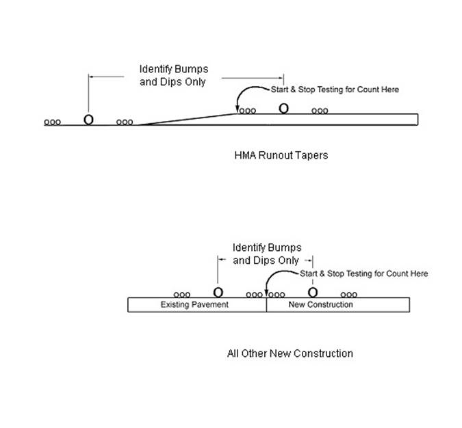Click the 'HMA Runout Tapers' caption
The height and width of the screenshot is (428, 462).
pyautogui.click(x=281, y=155)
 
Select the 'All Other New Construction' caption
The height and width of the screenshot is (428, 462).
pyautogui.click(x=290, y=353)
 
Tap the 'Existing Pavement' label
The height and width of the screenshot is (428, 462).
pyautogui.click(x=194, y=304)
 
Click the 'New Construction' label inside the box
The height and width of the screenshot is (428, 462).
pyautogui.click(x=320, y=304)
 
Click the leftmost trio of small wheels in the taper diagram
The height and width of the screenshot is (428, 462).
pyautogui.click(x=53, y=122)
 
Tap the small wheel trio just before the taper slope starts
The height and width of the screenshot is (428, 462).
pyautogui.click(x=125, y=122)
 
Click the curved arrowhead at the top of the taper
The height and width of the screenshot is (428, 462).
pyautogui.click(x=238, y=110)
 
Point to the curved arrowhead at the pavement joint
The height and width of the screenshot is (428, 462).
pyautogui.click(x=266, y=293)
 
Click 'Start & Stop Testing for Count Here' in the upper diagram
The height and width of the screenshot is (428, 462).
pyautogui.click(x=335, y=90)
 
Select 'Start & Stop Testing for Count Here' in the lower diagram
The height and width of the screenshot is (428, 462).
pyautogui.click(x=364, y=273)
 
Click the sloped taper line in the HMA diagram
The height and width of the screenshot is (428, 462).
pyautogui.click(x=188, y=119)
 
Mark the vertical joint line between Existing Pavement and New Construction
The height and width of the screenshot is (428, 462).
pyautogui.click(x=266, y=305)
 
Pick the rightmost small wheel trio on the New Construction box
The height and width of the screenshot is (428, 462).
pyautogui.click(x=349, y=295)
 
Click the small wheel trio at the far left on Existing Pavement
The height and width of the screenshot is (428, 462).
pyautogui.click(x=182, y=295)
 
